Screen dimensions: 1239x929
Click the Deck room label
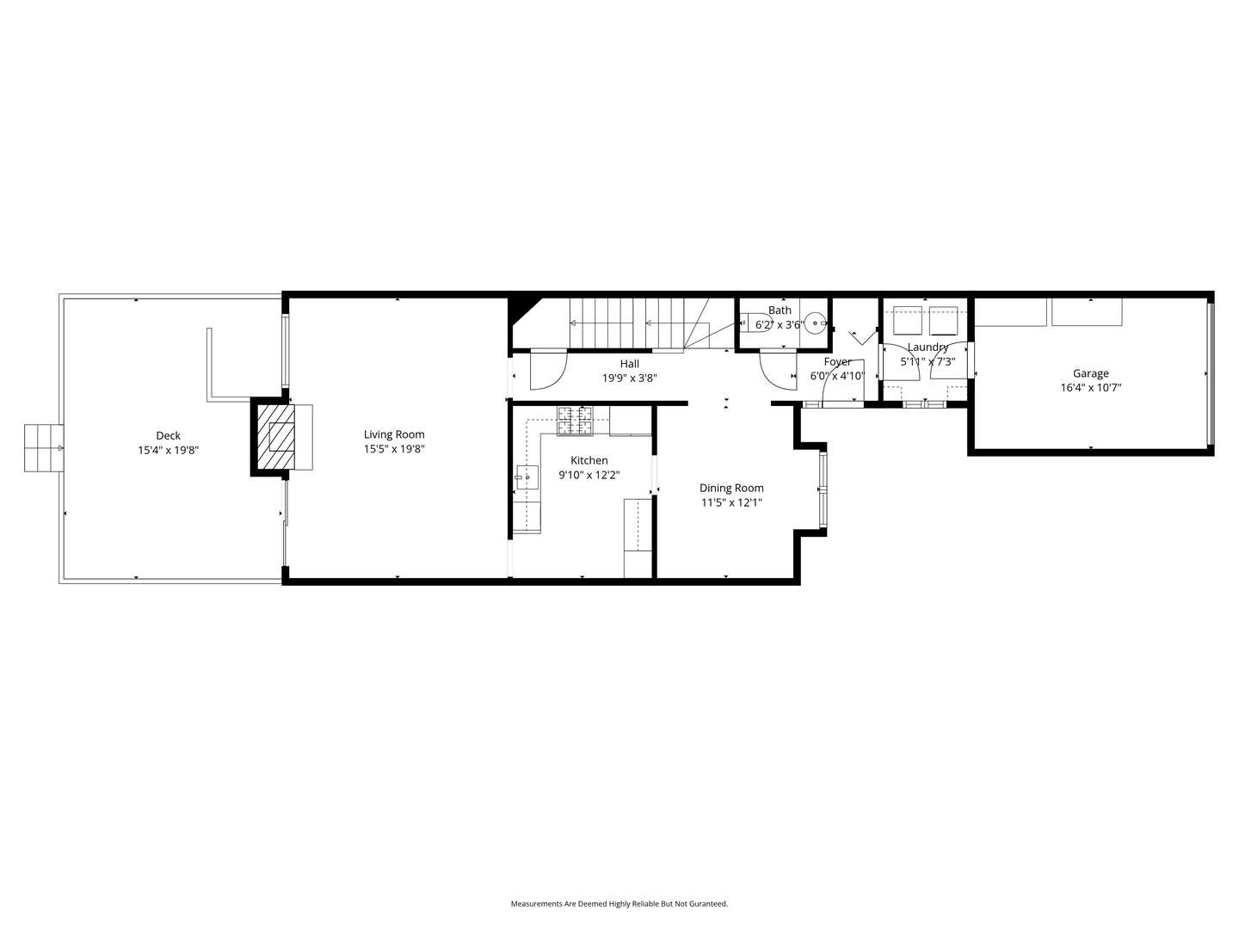click(168, 435)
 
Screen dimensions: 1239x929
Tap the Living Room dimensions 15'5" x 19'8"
click(394, 449)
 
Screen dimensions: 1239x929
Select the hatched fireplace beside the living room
click(276, 437)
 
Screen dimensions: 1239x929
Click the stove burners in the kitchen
click(576, 421)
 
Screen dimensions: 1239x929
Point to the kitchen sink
click(527, 477)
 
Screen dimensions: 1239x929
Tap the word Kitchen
click(589, 460)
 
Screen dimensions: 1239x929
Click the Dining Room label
click(731, 488)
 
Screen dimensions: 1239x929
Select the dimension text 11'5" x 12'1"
click(731, 502)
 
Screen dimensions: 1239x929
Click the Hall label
click(629, 363)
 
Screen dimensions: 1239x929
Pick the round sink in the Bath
click(815, 323)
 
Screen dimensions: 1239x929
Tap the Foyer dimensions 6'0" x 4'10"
click(837, 376)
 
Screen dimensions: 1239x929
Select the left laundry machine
click(907, 320)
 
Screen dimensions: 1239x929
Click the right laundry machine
click(943, 320)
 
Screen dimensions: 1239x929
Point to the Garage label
click(1090, 372)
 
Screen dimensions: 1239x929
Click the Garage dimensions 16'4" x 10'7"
click(1090, 387)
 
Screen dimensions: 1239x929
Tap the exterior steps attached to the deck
click(44, 448)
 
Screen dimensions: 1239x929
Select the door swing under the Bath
click(778, 369)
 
